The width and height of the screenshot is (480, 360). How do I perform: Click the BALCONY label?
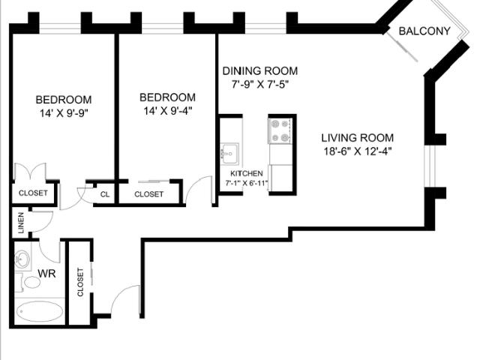click(424, 31)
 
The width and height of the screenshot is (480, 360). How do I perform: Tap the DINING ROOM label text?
click(256, 71)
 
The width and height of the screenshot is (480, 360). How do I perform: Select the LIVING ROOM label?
click(357, 138)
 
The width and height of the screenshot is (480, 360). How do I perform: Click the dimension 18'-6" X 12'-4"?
click(357, 151)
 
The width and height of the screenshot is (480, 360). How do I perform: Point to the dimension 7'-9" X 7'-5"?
click(256, 84)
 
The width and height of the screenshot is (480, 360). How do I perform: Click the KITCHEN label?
click(246, 173)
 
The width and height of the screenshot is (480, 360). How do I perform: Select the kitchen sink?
click(229, 153)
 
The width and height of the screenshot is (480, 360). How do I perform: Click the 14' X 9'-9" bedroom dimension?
click(64, 112)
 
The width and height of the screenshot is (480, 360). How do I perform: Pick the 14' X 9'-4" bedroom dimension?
click(168, 111)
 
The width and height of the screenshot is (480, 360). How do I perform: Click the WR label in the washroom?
click(31, 274)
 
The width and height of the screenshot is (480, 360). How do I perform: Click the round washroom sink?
click(22, 259)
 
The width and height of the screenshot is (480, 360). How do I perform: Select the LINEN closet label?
click(21, 223)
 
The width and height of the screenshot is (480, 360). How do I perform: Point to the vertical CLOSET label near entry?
click(79, 283)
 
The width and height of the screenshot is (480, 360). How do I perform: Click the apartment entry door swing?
click(126, 300)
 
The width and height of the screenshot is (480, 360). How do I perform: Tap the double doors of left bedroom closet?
click(34, 172)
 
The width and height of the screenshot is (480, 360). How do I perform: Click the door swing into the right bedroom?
click(198, 190)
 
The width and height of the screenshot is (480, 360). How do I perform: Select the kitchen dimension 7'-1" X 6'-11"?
click(246, 183)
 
